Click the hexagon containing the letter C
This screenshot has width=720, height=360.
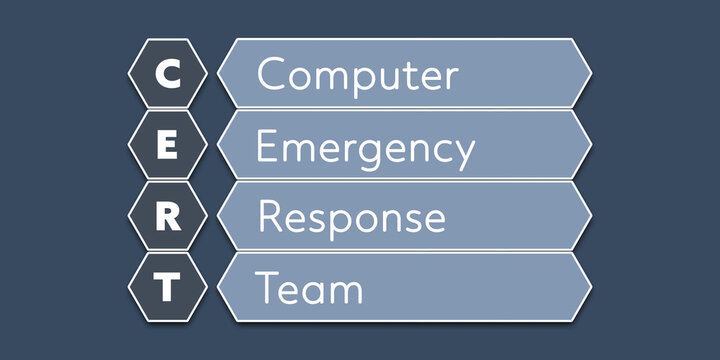click(168, 74)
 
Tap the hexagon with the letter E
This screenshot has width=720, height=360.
click(168, 145)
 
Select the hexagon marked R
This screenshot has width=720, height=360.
click(168, 216)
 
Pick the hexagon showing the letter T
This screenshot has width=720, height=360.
click(168, 287)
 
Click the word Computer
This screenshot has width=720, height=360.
click(357, 75)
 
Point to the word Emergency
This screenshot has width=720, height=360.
click(365, 148)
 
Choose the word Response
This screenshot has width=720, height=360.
click(351, 218)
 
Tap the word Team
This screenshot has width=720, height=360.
click(309, 288)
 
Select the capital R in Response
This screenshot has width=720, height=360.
click(268, 216)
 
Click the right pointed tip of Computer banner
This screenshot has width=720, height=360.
click(590, 73)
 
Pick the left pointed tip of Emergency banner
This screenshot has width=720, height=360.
click(219, 145)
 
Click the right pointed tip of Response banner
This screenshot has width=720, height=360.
click(590, 215)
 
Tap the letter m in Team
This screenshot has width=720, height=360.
click(344, 291)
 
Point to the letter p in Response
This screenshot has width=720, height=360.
click(337, 222)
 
